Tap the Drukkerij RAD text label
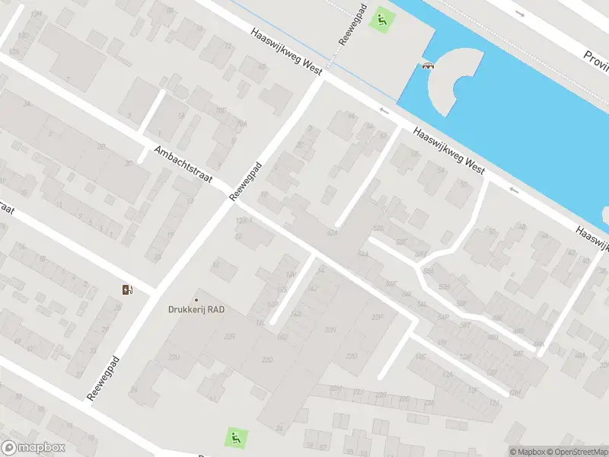[196, 309]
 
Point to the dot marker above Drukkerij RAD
[196, 299]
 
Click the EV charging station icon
[127, 289]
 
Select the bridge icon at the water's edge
[428, 66]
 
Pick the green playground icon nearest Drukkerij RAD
[236, 437]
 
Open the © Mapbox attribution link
[528, 452]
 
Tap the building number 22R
[229, 336]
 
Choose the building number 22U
[174, 357]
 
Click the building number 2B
[101, 146]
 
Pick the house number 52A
[379, 228]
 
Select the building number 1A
[320, 270]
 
